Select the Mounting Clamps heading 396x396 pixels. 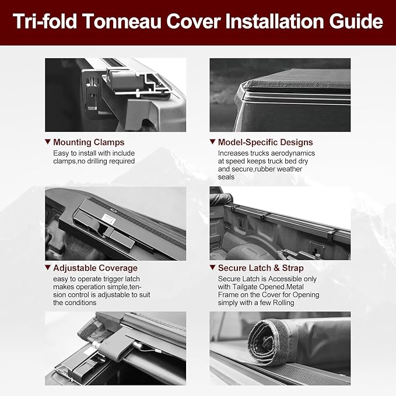click(89, 142)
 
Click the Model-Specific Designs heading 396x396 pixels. click(265, 142)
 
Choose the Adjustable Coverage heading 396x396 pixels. click(96, 268)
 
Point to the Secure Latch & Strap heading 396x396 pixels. click(261, 268)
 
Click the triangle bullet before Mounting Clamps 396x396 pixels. click(48, 142)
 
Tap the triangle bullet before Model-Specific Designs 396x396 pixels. click(213, 142)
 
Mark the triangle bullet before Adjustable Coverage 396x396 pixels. click(48, 268)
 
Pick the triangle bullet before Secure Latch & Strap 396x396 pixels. click(213, 268)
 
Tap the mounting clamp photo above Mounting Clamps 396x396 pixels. click(115, 94)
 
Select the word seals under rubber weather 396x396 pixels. click(226, 177)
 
